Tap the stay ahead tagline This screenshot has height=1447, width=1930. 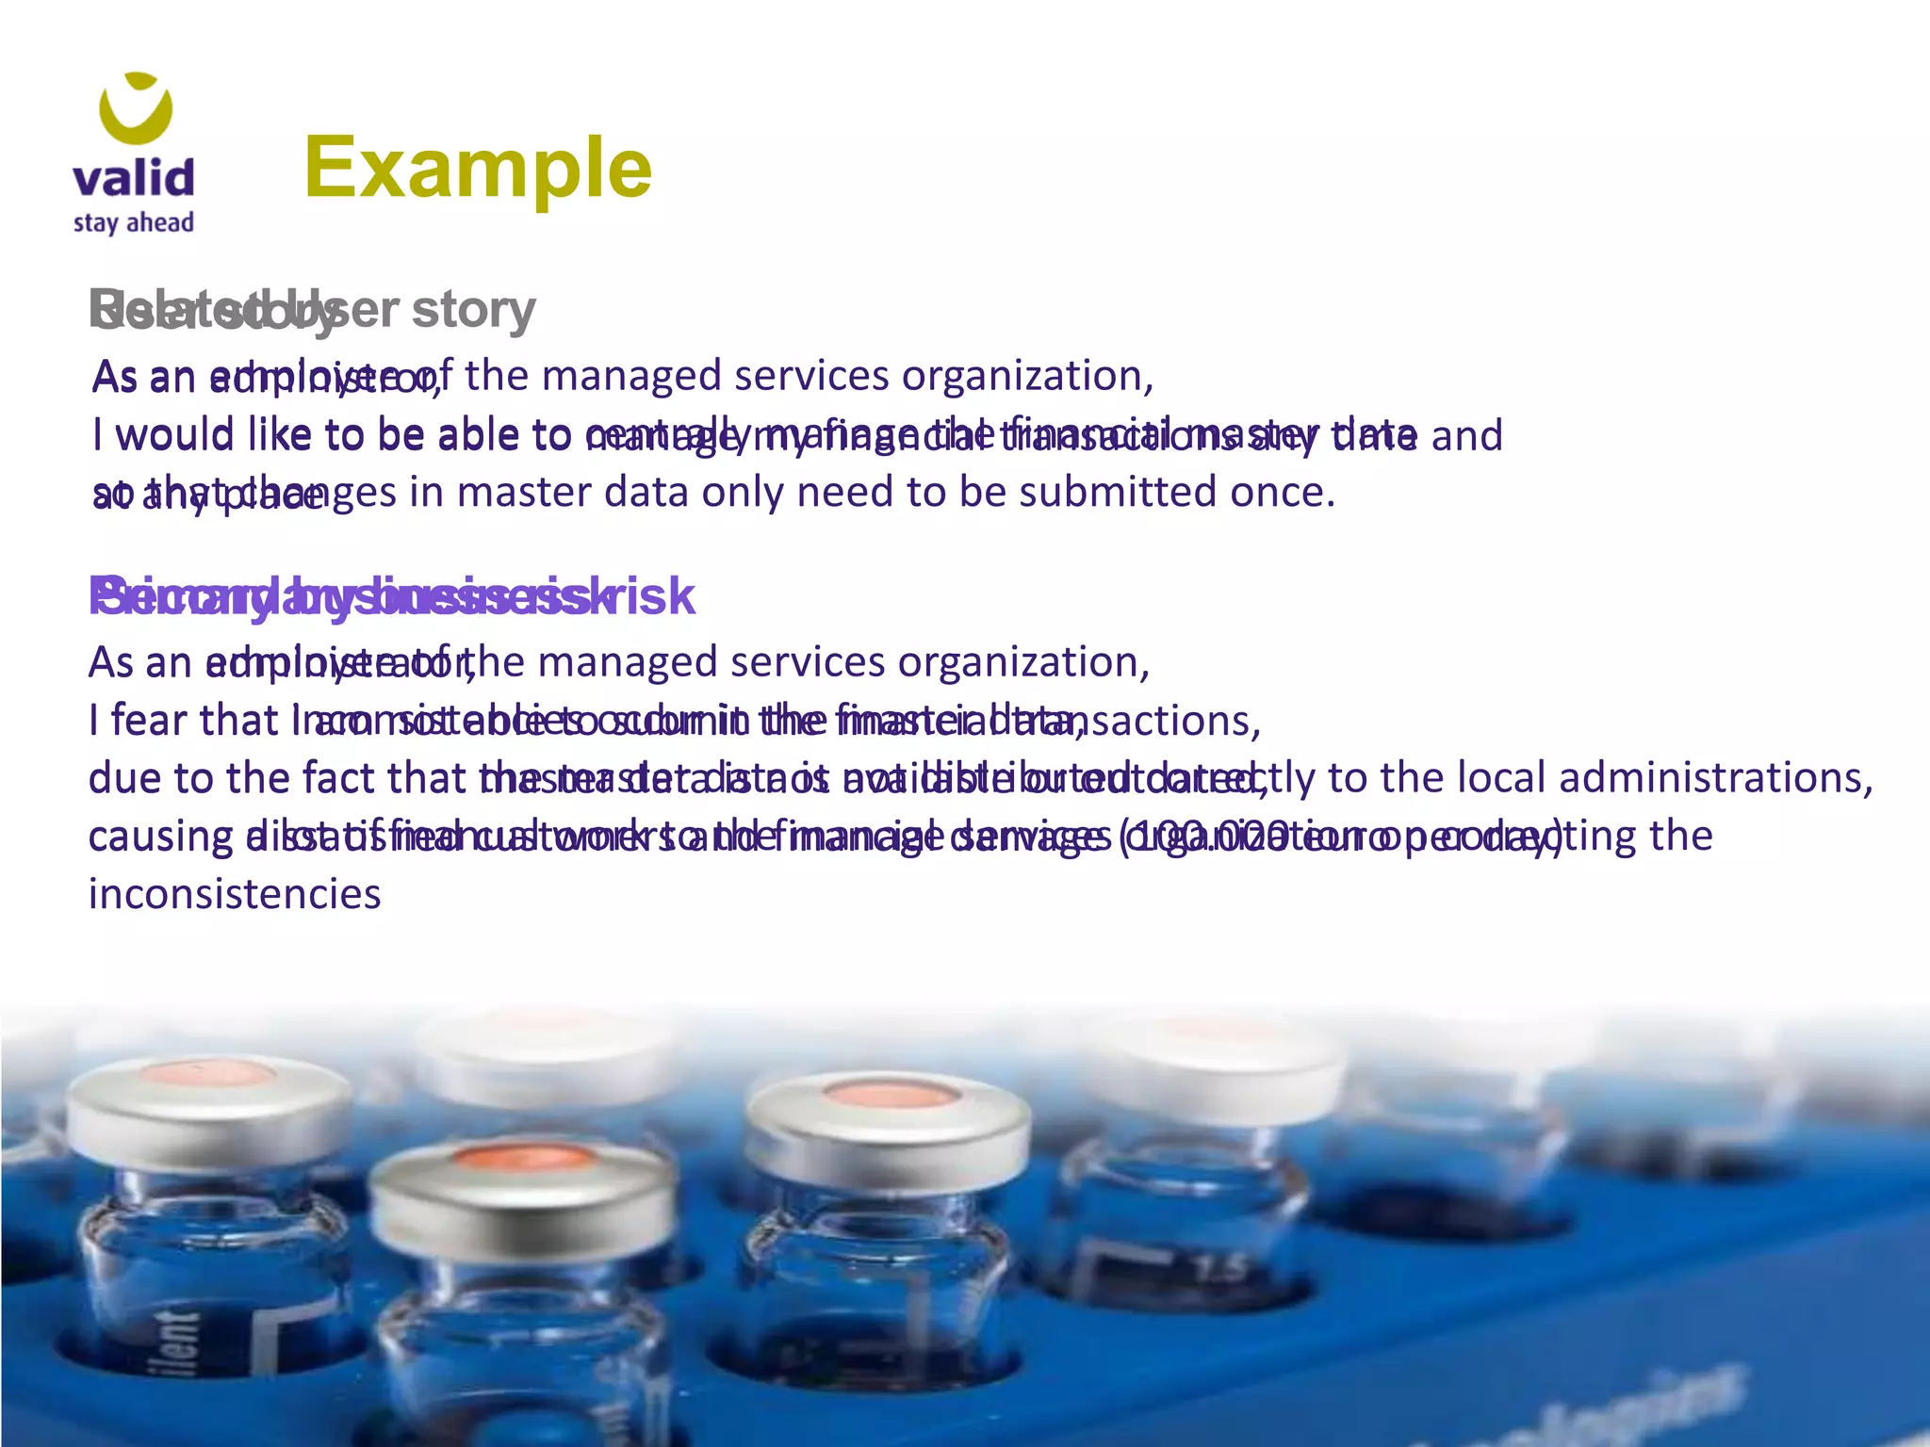click(x=133, y=223)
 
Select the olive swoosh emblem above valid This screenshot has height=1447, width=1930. click(x=137, y=106)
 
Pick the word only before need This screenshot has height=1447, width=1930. click(x=742, y=492)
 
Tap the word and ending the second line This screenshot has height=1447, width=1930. click(x=1466, y=436)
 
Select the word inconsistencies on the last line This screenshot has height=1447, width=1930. click(x=235, y=894)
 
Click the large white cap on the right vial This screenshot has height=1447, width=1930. click(x=1216, y=1065)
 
